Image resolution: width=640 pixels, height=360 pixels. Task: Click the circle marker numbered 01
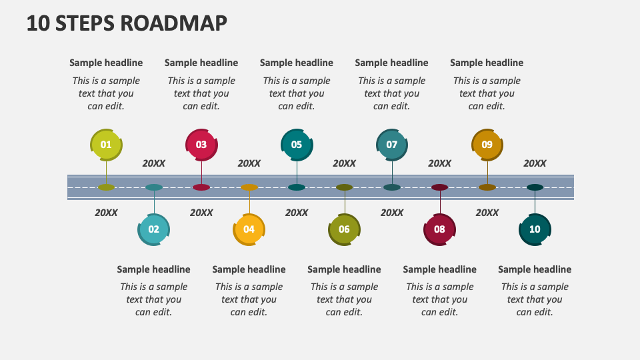[x=106, y=145]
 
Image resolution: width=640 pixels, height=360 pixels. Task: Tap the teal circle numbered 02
[x=154, y=229]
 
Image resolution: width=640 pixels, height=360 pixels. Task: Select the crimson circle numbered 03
[x=201, y=145]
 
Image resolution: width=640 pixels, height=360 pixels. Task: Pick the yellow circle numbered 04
[x=249, y=229]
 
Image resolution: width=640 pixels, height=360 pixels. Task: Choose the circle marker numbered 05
[x=297, y=145]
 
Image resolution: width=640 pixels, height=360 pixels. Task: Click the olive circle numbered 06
[x=344, y=229]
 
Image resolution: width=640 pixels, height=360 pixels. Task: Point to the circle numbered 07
[x=392, y=145]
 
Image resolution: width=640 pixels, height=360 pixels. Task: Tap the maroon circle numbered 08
[x=439, y=229]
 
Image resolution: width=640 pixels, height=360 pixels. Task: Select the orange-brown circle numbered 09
[x=487, y=145]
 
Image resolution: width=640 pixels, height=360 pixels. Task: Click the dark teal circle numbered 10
[x=535, y=229]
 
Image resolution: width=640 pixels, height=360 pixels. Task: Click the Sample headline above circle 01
[x=106, y=63]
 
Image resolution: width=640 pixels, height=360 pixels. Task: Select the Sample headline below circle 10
[x=535, y=269]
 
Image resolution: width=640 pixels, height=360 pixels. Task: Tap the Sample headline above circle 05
[x=297, y=63]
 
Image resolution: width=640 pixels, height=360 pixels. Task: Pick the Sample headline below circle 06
[x=344, y=269]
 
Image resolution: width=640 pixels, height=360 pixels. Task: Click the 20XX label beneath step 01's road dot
[x=106, y=213]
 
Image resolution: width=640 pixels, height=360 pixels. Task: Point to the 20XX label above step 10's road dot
[x=535, y=163]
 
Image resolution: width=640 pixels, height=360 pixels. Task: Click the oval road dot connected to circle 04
[x=249, y=187]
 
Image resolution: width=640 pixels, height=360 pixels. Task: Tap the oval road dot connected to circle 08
[x=439, y=187]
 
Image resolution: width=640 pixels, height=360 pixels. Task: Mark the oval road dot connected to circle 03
[x=201, y=187]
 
